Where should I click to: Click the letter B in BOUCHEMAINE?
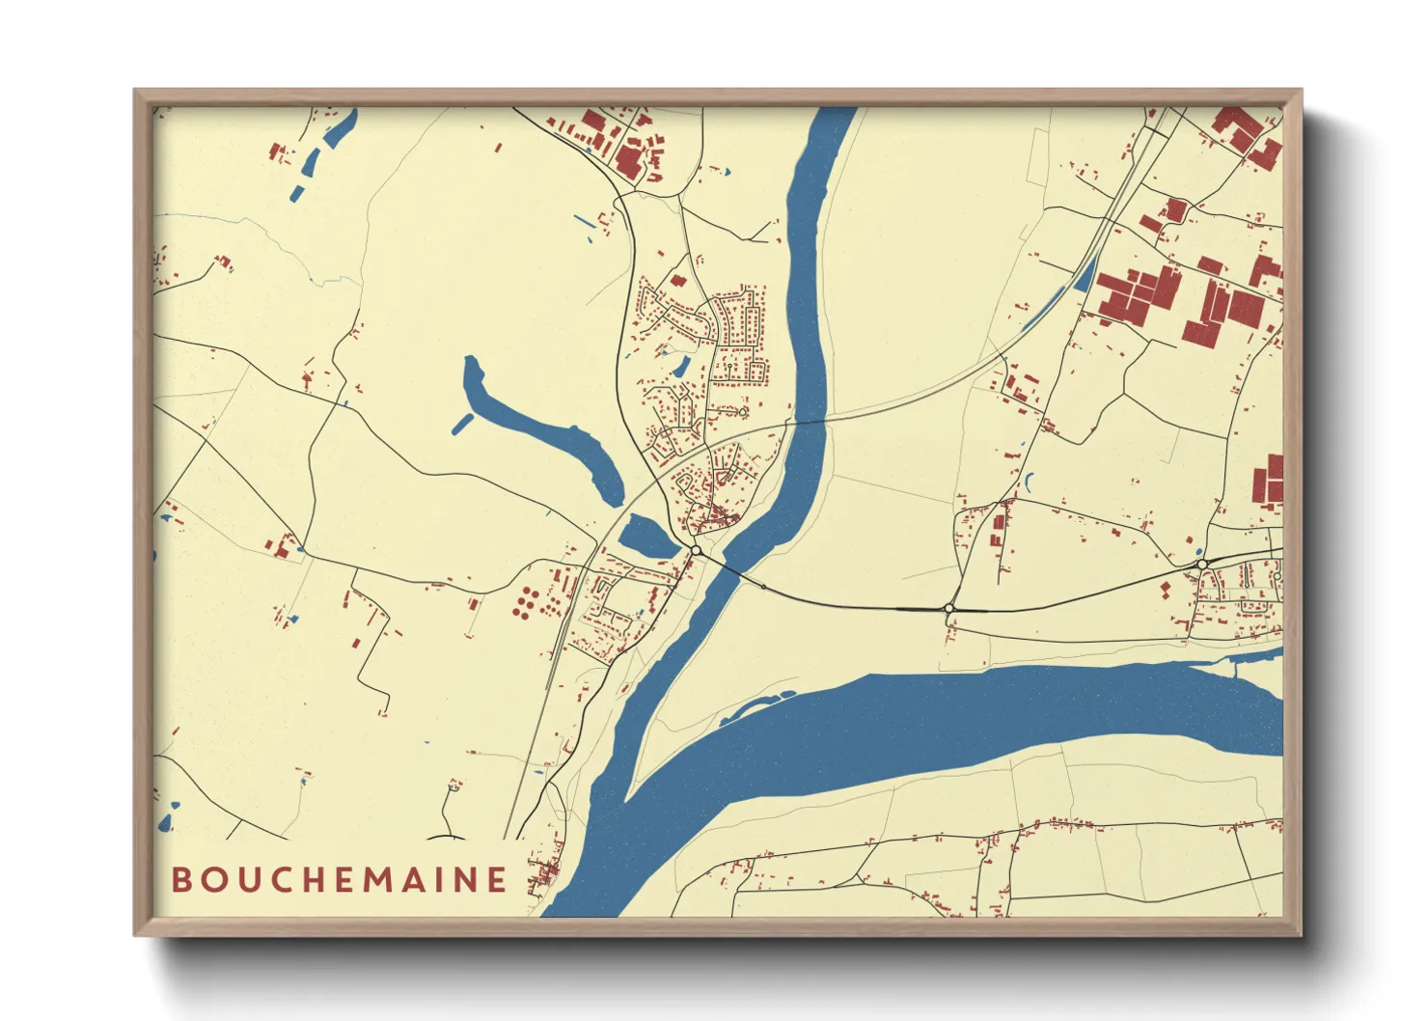point(180,880)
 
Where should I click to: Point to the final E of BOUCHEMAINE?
point(497,880)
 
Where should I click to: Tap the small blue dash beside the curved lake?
point(462,423)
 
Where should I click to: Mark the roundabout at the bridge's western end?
point(696,550)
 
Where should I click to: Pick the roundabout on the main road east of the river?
point(949,608)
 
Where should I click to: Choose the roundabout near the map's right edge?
point(1202,564)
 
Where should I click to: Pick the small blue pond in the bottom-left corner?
point(165,822)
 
